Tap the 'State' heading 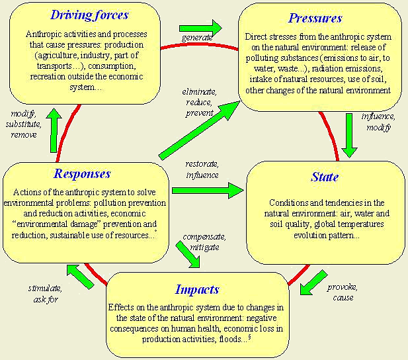(324, 177)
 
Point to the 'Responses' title (83, 174)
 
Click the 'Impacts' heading (197, 289)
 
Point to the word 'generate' (196, 38)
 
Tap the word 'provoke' (343, 287)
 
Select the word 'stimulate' (45, 289)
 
